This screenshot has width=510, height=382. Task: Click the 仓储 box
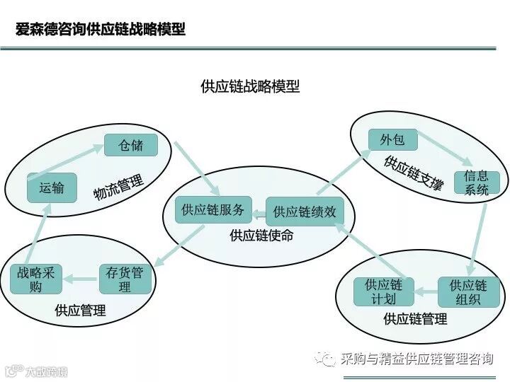[x=130, y=145]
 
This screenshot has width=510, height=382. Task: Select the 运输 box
[x=52, y=187]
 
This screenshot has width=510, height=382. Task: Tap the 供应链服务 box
[x=212, y=210]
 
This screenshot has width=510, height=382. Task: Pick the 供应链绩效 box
[x=304, y=212]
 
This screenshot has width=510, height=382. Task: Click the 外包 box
[x=392, y=139]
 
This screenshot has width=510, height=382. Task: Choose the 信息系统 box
[x=477, y=183]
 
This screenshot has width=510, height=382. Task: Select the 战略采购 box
[x=36, y=279]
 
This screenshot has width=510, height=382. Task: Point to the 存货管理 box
[x=125, y=279]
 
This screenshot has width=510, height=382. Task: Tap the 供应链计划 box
[x=383, y=291]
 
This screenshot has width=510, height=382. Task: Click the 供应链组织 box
[x=468, y=291]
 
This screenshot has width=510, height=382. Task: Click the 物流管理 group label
[x=118, y=187]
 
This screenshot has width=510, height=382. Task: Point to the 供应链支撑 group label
[x=414, y=173]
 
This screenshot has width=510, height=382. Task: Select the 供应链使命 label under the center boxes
[x=261, y=236]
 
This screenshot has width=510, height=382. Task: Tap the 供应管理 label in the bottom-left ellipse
[x=80, y=311]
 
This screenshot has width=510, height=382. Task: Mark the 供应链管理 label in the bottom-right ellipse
[x=415, y=319]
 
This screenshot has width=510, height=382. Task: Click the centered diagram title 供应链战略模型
[x=250, y=86]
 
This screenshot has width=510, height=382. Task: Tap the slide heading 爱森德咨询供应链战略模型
[x=101, y=29]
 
